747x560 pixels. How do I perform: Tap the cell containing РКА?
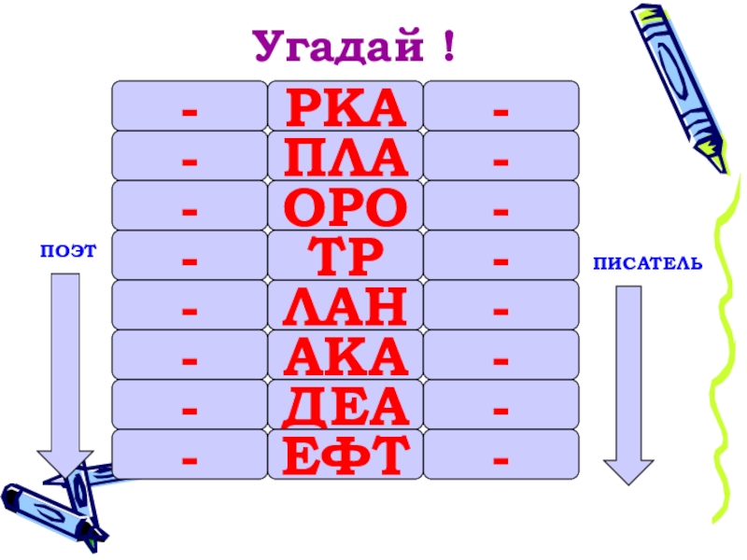coord(345,105)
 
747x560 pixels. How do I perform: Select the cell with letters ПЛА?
coord(345,156)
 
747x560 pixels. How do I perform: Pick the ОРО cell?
coord(345,205)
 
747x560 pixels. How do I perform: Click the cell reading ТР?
coord(345,255)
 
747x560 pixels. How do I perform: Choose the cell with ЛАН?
coord(345,305)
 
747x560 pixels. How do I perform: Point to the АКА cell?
coord(345,355)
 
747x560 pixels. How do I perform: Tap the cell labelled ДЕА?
coord(345,405)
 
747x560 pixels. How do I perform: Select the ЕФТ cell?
coord(345,455)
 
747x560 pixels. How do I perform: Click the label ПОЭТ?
coord(68,251)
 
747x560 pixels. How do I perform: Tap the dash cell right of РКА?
coord(501,105)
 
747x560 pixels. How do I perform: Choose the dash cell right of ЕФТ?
coord(501,455)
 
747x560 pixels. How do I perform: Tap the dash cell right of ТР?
coord(501,255)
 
